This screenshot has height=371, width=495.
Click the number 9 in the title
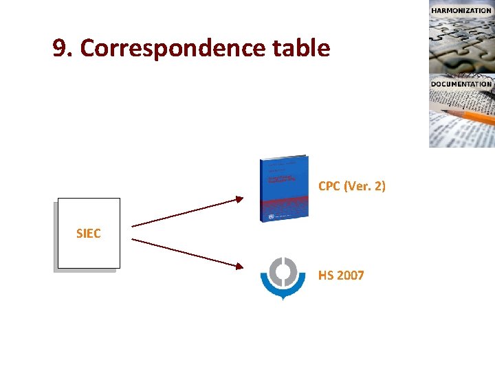pos(61,48)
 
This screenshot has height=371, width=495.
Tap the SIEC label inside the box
pos(88,234)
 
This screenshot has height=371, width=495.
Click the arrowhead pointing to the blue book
pos(239,199)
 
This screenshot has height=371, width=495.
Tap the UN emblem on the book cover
pos(271,216)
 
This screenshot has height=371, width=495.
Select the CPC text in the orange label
pos(329,186)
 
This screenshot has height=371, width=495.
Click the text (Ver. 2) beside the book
pos(364,186)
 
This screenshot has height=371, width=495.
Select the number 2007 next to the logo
pos(351,276)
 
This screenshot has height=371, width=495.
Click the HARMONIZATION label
pos(461,10)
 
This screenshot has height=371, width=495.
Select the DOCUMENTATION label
pos(461,84)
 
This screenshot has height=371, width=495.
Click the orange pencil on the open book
pos(474,116)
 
